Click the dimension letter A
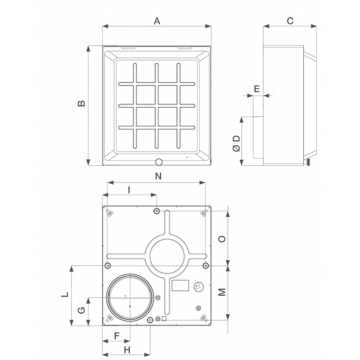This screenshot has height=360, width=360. click(157, 21)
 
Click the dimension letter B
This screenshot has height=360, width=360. click(82, 103)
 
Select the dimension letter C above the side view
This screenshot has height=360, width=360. click(290, 21)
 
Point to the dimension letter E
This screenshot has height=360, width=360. click(257, 89)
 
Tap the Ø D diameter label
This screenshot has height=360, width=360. click(236, 143)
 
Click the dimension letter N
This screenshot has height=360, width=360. click(158, 176)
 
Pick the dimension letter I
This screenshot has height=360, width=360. click(129, 190)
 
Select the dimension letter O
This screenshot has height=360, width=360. click(223, 239)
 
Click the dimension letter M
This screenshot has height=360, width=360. click(223, 292)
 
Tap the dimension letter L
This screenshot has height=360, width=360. click(66, 294)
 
